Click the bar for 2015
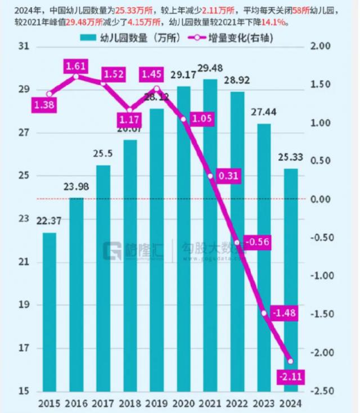pos(49,312)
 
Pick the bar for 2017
pos(103,278)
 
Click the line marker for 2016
pos(76,75)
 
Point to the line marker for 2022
pos(237,243)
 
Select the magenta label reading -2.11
pos(290,376)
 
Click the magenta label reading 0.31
pos(228,176)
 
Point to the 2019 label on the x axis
pos(156,403)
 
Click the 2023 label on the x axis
pos(263,403)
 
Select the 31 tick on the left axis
pos(24,47)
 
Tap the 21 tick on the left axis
pos(24,263)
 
